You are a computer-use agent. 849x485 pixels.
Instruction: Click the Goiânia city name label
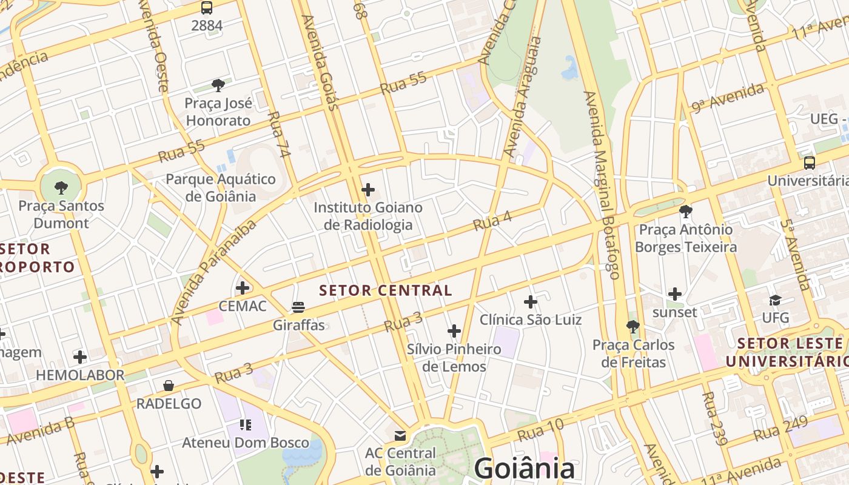click(524, 469)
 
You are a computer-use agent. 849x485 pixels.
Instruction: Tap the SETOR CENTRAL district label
click(386, 290)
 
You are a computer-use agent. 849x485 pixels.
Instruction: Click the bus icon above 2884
click(207, 8)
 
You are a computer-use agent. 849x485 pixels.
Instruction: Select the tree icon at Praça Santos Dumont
click(61, 187)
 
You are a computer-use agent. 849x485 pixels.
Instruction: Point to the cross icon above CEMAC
click(243, 287)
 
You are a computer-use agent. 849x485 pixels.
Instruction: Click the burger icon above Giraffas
click(298, 307)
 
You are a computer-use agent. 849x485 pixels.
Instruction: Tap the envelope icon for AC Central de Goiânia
click(400, 435)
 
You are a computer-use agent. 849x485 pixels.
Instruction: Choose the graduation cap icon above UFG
click(775, 300)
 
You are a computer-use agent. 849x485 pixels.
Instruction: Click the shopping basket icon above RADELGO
click(169, 386)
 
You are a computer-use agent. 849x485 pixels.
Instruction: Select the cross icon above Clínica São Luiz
click(531, 301)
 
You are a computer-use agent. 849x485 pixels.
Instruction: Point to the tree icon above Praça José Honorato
click(218, 85)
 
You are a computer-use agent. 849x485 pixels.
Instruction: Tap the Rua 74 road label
click(279, 135)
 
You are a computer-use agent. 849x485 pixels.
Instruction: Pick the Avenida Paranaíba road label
click(213, 273)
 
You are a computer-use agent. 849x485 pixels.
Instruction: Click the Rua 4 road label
click(492, 221)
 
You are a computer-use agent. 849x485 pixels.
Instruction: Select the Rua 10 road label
click(540, 430)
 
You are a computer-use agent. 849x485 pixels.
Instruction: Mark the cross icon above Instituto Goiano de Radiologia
click(368, 190)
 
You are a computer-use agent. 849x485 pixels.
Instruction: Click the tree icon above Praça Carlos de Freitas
click(633, 327)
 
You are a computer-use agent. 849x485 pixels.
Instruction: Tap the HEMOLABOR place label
click(80, 375)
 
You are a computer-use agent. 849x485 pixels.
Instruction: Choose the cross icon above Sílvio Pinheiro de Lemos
click(454, 331)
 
